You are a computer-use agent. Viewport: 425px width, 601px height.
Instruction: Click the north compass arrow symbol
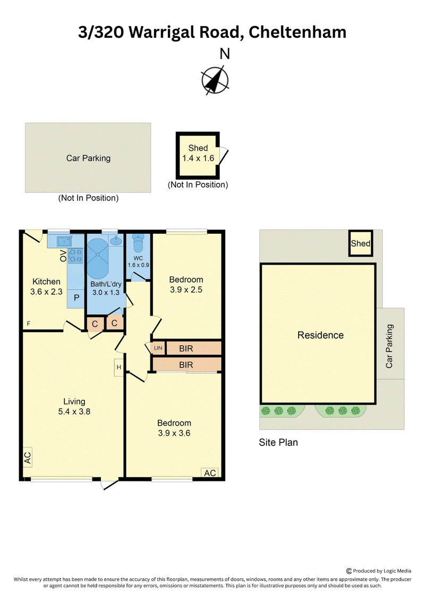pos(215,80)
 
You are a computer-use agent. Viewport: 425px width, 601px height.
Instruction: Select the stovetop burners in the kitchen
pos(75,256)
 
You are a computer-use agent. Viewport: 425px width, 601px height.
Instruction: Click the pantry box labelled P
pos(76,298)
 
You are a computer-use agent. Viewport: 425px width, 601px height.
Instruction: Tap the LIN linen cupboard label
pos(158,348)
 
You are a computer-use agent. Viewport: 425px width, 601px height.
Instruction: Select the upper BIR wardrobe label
pos(186,349)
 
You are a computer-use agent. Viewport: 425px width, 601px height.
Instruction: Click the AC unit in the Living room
pos(27,458)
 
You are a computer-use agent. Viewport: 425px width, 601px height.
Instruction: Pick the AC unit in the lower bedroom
pos(210,473)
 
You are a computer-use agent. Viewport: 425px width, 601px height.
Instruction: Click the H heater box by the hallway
pos(119,367)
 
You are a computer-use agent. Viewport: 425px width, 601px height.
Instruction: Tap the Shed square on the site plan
pos(361,243)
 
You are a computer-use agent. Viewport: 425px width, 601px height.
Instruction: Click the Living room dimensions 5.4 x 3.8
pos(74,412)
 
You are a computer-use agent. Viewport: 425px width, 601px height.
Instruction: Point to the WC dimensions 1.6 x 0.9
pos(138,265)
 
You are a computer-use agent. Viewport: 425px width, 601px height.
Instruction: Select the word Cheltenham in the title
pos(297,32)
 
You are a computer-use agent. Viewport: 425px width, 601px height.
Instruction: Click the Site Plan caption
pos(278,442)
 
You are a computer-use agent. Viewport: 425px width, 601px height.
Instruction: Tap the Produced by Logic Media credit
pos(379,571)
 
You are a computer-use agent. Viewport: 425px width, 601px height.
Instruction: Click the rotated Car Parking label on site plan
pos(389,346)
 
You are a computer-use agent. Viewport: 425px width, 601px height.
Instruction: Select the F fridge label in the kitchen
pos(28,324)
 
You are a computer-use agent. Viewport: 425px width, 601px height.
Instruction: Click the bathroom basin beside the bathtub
pos(116,240)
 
